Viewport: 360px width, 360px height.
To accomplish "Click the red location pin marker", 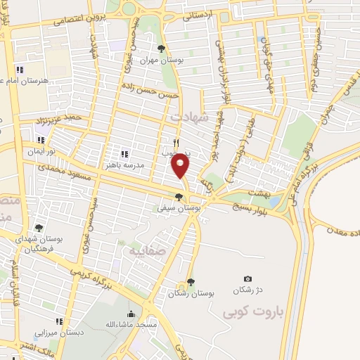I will pos(181,166).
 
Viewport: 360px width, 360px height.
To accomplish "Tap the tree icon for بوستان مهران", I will pos(162,49).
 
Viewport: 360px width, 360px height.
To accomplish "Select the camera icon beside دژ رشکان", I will pos(247,279).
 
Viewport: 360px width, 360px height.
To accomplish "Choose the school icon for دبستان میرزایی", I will pos(59,321).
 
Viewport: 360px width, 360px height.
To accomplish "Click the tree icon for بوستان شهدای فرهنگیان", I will pos(39,228).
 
